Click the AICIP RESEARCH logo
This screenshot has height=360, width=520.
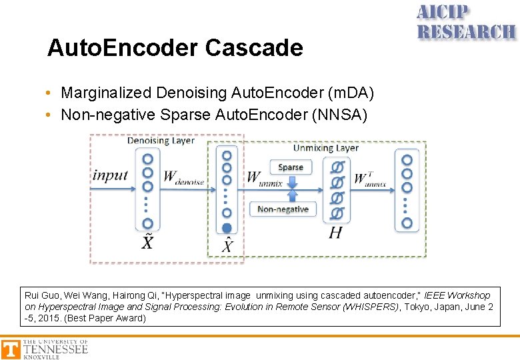point(466,23)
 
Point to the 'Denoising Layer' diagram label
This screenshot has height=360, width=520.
point(161,141)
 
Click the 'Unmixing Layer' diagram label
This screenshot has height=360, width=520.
point(325,147)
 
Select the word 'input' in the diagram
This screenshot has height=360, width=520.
point(110,175)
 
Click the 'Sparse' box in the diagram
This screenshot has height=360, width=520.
point(291,167)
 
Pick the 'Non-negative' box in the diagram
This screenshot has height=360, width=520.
point(283,209)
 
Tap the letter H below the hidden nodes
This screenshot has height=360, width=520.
point(335,232)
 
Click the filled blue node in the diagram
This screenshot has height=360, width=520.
point(227,228)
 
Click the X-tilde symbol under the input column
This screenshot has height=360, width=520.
point(147,241)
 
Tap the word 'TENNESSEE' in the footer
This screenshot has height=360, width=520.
point(55,349)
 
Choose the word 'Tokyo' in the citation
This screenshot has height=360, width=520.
point(412,307)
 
